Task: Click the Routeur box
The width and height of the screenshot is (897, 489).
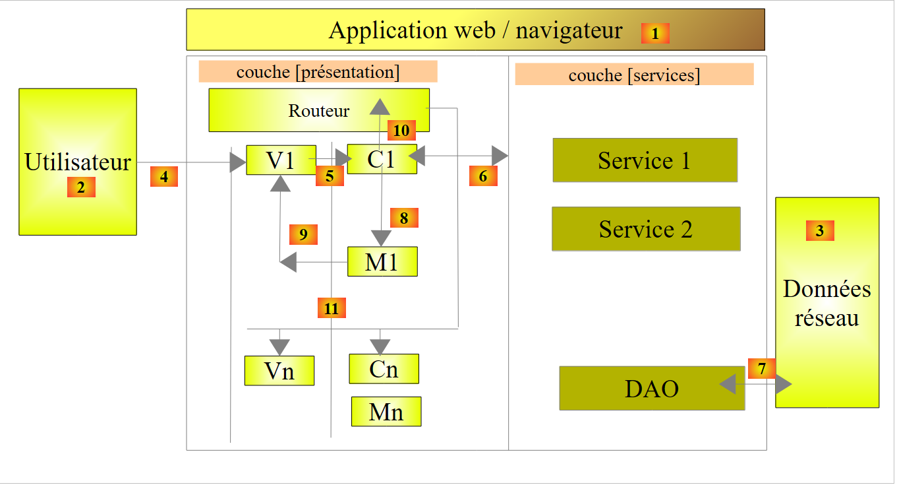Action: point(319,110)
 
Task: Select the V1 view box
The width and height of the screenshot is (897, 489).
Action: point(281,160)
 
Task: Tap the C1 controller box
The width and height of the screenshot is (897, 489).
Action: point(382,160)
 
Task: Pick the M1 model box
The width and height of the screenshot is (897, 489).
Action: point(382,261)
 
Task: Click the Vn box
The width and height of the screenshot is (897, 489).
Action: point(279,370)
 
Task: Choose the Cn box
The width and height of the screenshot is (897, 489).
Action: point(384,368)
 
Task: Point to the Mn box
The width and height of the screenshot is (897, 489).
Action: point(386,411)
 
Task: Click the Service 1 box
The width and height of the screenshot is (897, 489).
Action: point(645,160)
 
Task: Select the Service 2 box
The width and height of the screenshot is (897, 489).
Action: point(646,229)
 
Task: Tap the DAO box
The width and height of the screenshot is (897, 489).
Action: point(652,388)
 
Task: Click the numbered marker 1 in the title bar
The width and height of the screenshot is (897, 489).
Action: point(655,33)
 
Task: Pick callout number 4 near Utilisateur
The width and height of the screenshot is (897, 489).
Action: point(164,177)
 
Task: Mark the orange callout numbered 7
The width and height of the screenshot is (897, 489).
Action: point(762,368)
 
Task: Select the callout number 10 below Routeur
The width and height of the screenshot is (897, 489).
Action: point(401,131)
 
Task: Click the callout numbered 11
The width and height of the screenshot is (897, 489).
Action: point(332,308)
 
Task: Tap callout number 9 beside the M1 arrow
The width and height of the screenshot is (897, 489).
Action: point(303,234)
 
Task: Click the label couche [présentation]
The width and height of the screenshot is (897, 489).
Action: point(318,72)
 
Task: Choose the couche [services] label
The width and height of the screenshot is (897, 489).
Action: point(634,75)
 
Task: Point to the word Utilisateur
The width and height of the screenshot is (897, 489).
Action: point(78,162)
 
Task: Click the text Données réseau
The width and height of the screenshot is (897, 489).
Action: point(827,304)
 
